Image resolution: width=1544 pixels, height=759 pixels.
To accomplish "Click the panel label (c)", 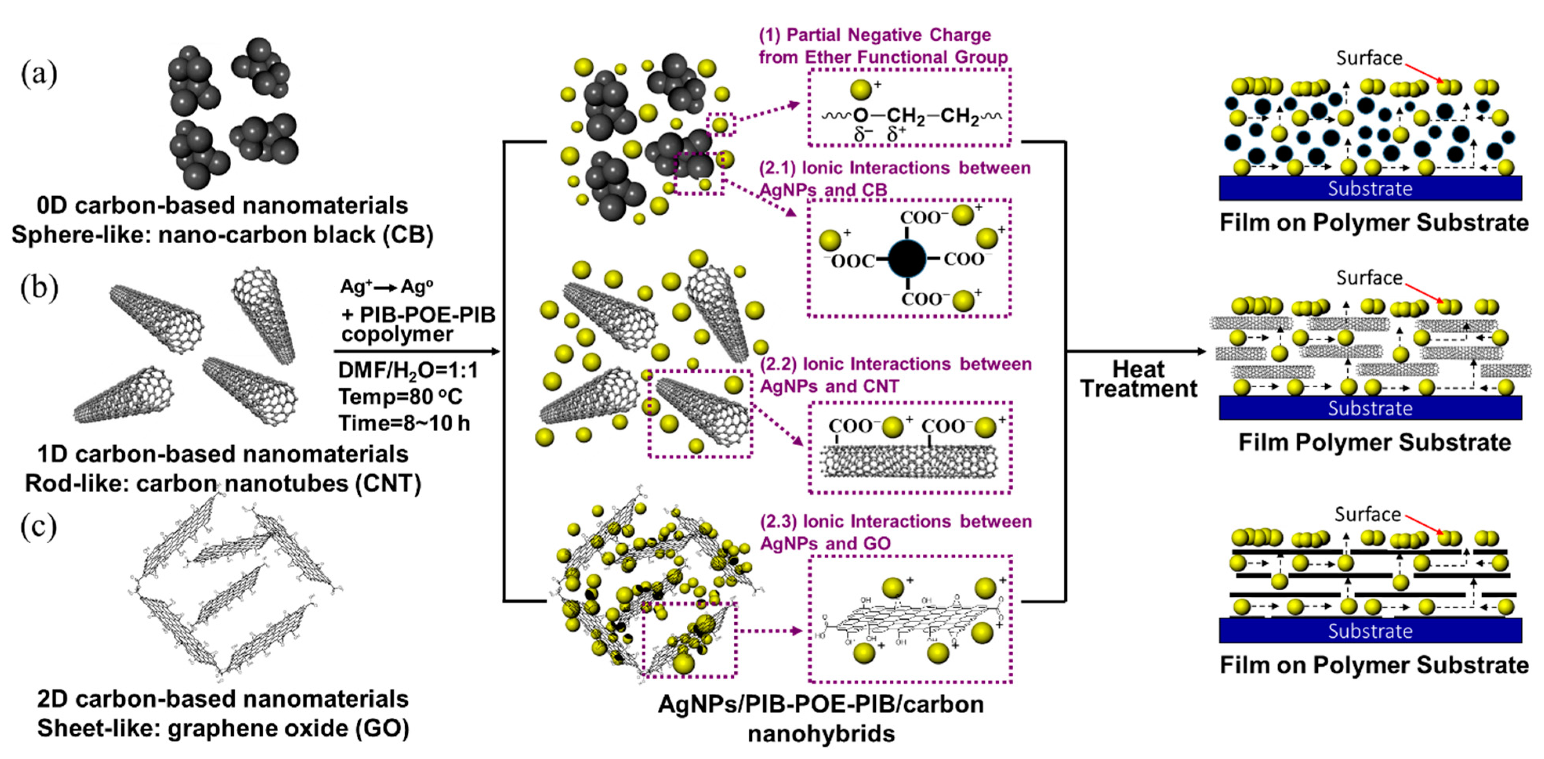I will [39, 527].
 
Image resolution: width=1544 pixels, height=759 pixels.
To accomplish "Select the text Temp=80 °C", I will [400, 397].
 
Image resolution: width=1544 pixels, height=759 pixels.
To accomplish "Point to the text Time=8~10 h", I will [403, 423].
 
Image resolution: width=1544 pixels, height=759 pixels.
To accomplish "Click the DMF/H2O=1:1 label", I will [408, 370].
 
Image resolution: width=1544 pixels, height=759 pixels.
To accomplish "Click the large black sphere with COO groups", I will [907, 259].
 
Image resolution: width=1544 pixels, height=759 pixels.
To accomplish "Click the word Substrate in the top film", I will [1370, 189].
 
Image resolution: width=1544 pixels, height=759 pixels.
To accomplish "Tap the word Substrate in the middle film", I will [1370, 408].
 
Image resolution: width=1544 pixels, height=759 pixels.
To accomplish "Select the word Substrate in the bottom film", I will [1370, 631].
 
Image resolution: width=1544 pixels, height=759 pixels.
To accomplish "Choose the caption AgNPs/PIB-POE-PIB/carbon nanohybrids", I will [821, 718].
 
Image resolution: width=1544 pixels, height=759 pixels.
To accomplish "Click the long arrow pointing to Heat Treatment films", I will [1136, 352].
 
